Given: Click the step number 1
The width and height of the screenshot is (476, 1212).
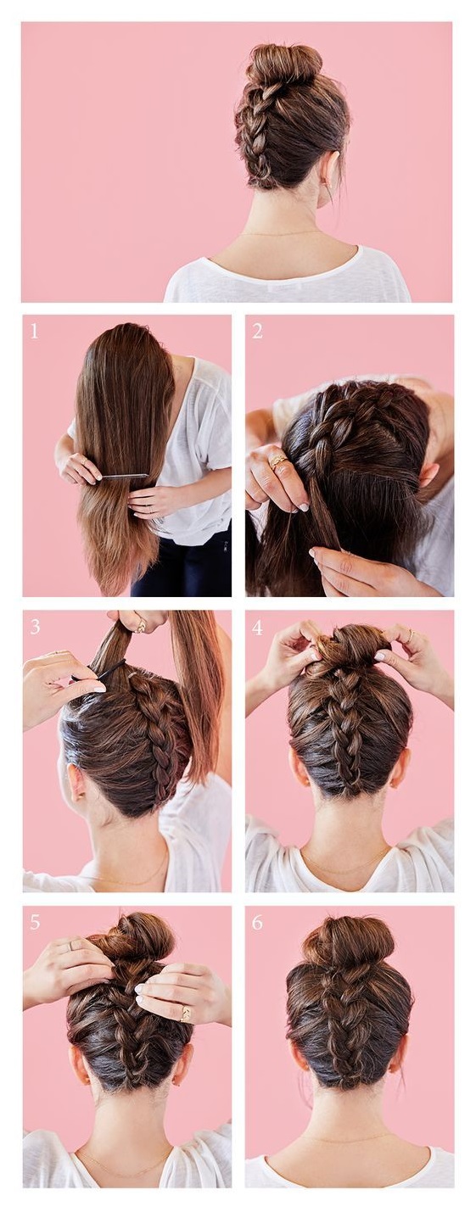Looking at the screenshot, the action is click(34, 331).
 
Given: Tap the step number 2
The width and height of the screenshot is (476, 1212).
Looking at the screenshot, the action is click(257, 331).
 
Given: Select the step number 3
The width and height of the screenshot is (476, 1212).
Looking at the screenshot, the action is click(35, 627).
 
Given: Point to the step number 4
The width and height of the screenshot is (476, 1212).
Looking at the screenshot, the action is click(257, 628).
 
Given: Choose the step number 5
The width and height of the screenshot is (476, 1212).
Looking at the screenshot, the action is click(35, 922).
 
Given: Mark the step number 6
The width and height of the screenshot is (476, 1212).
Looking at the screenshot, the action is click(257, 922).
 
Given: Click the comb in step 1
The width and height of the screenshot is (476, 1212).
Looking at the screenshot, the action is click(125, 476).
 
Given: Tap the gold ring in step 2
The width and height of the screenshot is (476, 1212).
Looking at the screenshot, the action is click(278, 461).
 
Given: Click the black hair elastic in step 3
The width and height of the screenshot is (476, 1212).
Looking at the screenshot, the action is click(100, 673).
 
